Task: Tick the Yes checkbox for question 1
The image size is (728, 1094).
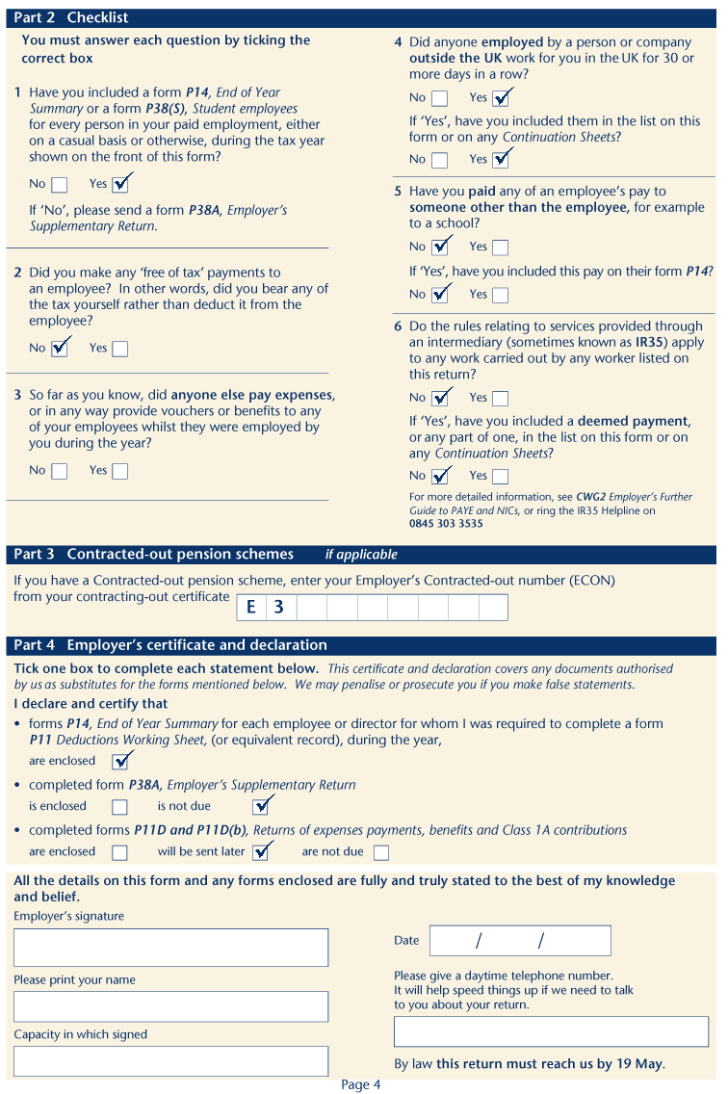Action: pos(120,184)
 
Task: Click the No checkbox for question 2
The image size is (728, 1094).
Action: pos(60,349)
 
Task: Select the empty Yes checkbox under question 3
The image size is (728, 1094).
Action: pos(119,471)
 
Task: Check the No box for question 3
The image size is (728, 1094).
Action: pos(60,471)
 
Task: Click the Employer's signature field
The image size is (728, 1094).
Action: pos(170,947)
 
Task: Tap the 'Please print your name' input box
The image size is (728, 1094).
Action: pos(170,1006)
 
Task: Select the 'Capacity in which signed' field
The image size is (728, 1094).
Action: pos(170,1060)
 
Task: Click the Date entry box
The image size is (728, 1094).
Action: pos(520,941)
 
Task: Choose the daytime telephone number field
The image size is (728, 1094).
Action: pos(551,1031)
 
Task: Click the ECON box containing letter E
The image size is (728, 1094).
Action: pos(251,608)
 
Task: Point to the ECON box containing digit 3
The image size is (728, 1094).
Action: pos(280,608)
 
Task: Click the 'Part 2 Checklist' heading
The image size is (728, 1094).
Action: pos(71,17)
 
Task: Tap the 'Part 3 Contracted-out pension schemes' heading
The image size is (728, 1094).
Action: pos(154,554)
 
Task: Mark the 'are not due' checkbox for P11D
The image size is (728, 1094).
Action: pos(381,852)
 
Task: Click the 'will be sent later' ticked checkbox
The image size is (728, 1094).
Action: pos(261,852)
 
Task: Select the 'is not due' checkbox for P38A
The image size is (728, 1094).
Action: pos(261,807)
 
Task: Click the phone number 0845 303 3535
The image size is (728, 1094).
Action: pos(446,524)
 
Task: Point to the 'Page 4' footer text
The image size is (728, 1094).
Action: pos(361,1084)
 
